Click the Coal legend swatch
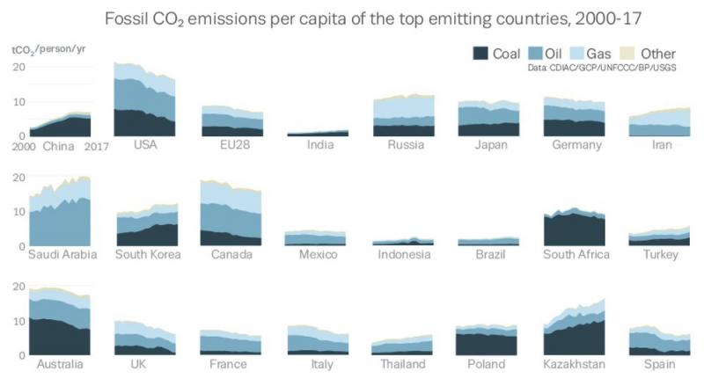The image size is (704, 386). click(x=480, y=54)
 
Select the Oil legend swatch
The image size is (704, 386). click(x=536, y=54)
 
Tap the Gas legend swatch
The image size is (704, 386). click(x=577, y=54)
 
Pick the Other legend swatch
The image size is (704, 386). click(x=627, y=54)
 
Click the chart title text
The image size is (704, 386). click(x=373, y=19)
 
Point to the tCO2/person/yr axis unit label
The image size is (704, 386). click(x=48, y=49)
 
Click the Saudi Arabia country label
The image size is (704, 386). click(x=62, y=254)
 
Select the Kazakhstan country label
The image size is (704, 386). click(x=575, y=364)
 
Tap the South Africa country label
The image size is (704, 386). click(x=576, y=254)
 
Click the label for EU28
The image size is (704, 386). click(x=235, y=144)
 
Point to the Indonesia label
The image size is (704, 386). click(x=404, y=254)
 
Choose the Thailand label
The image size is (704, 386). click(x=403, y=364)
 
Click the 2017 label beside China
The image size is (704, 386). click(x=97, y=147)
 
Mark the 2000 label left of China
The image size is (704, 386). click(x=24, y=147)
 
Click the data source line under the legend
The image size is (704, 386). click(x=602, y=68)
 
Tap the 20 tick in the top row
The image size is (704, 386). click(x=18, y=67)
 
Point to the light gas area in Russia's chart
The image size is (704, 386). click(x=404, y=109)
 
